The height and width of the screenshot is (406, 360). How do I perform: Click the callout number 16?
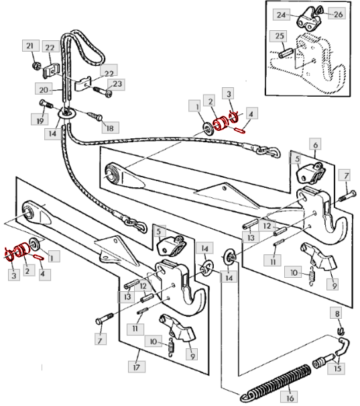click(x=290, y=397)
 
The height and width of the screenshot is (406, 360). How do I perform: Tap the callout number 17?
click(x=136, y=366)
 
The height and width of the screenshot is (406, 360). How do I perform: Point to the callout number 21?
click(x=30, y=46)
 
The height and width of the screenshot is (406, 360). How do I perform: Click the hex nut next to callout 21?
click(x=36, y=66)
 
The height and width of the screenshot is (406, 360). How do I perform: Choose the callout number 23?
click(x=117, y=84)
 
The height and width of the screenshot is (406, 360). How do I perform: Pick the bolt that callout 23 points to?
click(x=103, y=92)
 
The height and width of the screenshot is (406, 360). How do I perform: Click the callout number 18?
click(x=110, y=128)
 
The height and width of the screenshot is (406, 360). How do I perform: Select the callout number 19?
click(x=40, y=121)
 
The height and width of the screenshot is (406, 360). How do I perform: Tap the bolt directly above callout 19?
click(x=46, y=104)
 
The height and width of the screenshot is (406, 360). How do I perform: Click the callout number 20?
click(x=44, y=90)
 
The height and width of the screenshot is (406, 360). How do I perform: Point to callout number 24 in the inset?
click(x=281, y=15)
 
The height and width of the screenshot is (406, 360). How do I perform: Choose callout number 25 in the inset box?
click(x=280, y=36)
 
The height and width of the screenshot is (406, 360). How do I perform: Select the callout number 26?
click(x=338, y=14)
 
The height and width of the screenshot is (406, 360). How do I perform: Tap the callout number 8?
click(x=337, y=313)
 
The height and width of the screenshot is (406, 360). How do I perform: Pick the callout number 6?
click(x=316, y=144)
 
